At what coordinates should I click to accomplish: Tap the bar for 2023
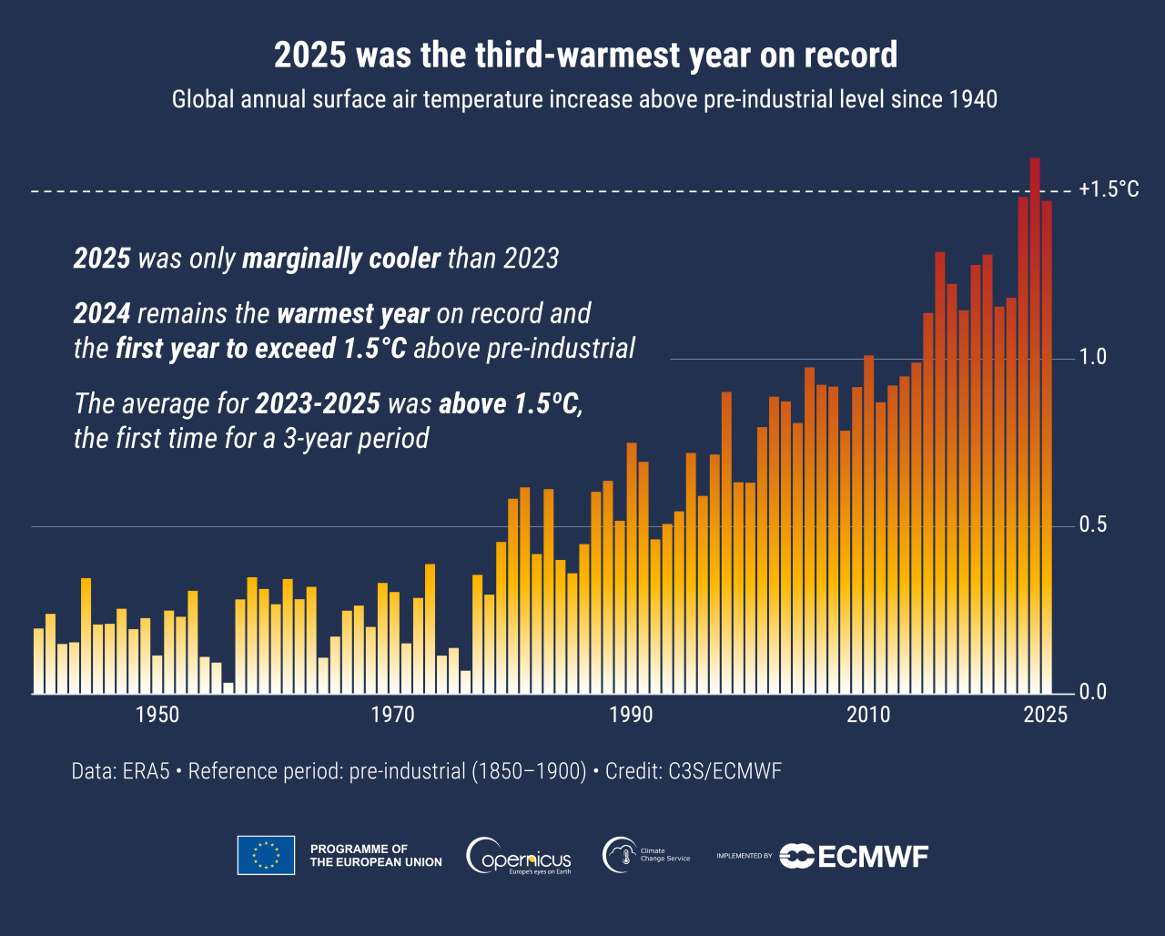point(1023,445)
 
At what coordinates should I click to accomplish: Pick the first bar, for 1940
point(38,661)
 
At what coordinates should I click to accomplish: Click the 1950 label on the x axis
point(157,715)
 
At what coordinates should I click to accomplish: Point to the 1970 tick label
point(394,715)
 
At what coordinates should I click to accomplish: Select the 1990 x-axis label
point(631,715)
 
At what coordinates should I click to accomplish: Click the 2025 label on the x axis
point(1045,715)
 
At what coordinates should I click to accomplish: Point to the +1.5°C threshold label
point(1109,190)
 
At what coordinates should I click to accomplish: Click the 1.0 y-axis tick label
point(1093,357)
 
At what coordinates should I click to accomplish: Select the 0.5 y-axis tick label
point(1093,525)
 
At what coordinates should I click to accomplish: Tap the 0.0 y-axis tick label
point(1093,693)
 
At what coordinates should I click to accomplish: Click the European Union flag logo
point(266,855)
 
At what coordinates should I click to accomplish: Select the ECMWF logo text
point(872,856)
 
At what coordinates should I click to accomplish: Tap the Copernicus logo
point(519,856)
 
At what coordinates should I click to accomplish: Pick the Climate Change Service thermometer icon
point(620,855)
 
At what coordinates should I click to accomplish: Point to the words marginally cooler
point(341,259)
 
